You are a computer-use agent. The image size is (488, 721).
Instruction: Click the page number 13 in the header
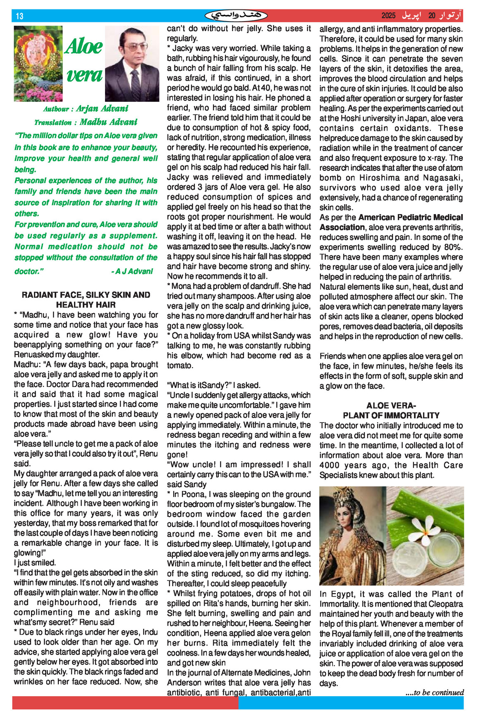pos(19,16)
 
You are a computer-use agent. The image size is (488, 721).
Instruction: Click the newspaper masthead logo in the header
pos(236,16)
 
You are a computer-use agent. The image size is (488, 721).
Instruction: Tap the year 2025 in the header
pos(388,16)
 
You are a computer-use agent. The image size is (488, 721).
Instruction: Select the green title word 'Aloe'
pos(84,46)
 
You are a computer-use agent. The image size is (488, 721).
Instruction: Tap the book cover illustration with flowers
pos(38,63)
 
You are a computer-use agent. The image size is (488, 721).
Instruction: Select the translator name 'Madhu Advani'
pos(108,122)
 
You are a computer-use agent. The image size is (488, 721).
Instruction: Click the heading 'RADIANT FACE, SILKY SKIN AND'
pos(86,295)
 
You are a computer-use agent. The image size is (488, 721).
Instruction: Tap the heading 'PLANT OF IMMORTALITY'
pos(391,415)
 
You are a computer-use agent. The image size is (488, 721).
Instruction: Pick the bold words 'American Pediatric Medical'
pos(410,217)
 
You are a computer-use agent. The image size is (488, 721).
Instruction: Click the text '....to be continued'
pos(434,692)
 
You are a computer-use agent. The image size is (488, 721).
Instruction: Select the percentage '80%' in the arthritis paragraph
pos(454,247)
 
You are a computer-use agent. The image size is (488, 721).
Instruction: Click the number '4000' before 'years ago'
pos(330,465)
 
